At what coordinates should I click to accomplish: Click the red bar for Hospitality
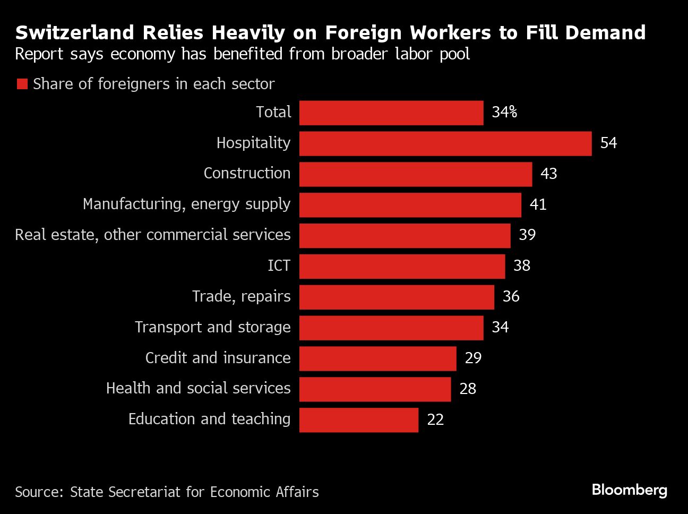pyautogui.click(x=445, y=143)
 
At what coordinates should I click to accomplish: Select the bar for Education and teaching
pyautogui.click(x=358, y=420)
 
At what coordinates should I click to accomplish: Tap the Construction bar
pyautogui.click(x=415, y=174)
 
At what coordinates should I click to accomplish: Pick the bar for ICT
pyautogui.click(x=402, y=267)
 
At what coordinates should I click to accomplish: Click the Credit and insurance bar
pyautogui.click(x=377, y=358)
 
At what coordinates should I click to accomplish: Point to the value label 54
pyautogui.click(x=608, y=143)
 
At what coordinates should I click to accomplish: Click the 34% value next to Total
pyautogui.click(x=504, y=112)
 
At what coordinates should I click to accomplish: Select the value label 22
pyautogui.click(x=435, y=420)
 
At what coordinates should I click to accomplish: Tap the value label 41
pyautogui.click(x=538, y=204)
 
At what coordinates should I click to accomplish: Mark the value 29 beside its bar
pyautogui.click(x=473, y=358)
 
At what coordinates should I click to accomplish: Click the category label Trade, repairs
pyautogui.click(x=241, y=296)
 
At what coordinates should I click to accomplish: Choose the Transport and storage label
pyautogui.click(x=212, y=327)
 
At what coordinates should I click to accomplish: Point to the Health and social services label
pyautogui.click(x=198, y=389)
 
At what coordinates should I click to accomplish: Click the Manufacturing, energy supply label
pyautogui.click(x=186, y=204)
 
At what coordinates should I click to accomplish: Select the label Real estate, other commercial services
pyautogui.click(x=153, y=235)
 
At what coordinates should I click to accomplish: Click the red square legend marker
pyautogui.click(x=22, y=84)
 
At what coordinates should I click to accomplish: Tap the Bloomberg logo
pyautogui.click(x=629, y=490)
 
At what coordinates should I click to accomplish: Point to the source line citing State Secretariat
pyautogui.click(x=167, y=492)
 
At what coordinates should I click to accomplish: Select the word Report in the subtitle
pyautogui.click(x=38, y=54)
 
